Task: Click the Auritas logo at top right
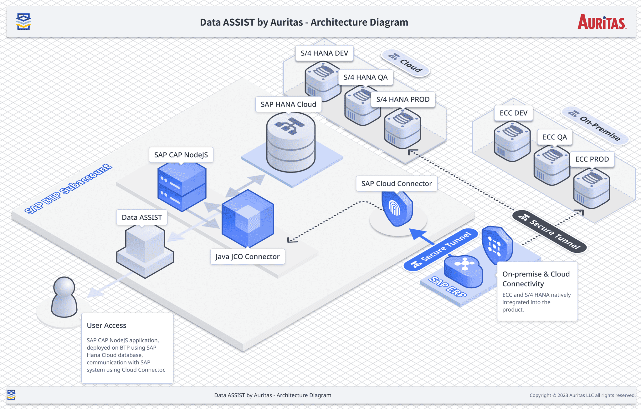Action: (x=602, y=22)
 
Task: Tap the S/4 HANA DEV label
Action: (x=324, y=53)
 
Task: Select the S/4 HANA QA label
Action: (x=365, y=77)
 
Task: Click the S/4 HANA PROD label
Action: (x=403, y=99)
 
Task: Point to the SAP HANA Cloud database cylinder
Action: (x=291, y=142)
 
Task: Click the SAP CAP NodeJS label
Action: (x=181, y=155)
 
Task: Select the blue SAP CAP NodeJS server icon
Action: (x=182, y=187)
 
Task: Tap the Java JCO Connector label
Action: (x=247, y=257)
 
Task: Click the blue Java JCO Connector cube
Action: (x=248, y=219)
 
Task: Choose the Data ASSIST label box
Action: (x=142, y=217)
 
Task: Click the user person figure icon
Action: (x=64, y=297)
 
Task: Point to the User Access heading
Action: (x=106, y=325)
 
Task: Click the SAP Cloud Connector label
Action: (x=396, y=184)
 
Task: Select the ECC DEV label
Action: (x=513, y=113)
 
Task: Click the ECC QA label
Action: (x=555, y=137)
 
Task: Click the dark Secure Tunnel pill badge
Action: (x=549, y=232)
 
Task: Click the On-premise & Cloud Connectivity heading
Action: (x=536, y=279)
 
